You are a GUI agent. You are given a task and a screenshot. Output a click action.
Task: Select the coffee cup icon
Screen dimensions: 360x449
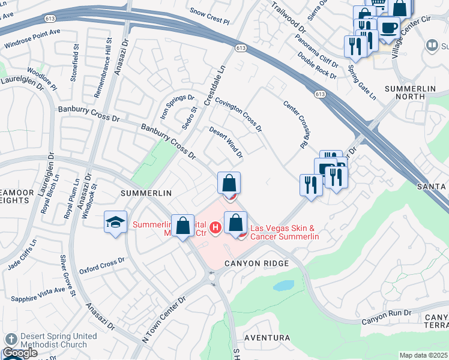click(388, 27)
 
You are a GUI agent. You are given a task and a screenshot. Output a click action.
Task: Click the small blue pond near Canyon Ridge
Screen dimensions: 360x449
click(283, 286)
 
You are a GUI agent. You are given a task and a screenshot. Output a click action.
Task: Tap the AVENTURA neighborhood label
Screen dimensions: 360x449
click(267, 338)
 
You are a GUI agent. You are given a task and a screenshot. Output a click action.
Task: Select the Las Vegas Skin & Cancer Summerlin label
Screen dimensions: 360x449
click(284, 232)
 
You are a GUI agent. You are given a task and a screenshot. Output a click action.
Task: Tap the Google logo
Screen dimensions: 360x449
click(20, 353)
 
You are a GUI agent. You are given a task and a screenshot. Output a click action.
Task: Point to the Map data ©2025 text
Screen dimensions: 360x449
click(424, 355)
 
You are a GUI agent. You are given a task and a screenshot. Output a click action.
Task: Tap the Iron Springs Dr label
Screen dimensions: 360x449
click(177, 106)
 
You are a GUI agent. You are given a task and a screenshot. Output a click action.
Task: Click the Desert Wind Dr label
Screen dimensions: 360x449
click(226, 142)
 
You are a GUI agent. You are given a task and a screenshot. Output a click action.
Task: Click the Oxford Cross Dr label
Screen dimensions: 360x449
click(101, 265)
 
